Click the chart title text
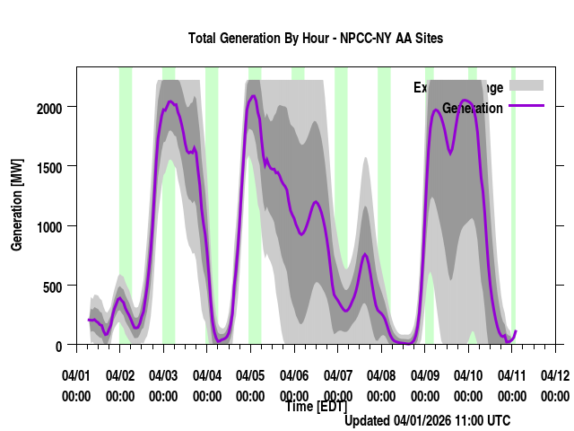316,39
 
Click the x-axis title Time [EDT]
316,407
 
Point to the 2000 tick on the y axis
50,108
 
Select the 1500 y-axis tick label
50,167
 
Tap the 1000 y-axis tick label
50,226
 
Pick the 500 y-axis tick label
55,286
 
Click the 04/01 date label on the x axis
76,374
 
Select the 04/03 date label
163,374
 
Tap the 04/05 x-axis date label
250,374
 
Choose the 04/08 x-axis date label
381,374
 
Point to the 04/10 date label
468,374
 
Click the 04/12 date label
555,374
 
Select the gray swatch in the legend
526,85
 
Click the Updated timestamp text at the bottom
428,420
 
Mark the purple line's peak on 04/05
254,95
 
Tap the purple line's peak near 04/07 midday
365,255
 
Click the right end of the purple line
516,331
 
